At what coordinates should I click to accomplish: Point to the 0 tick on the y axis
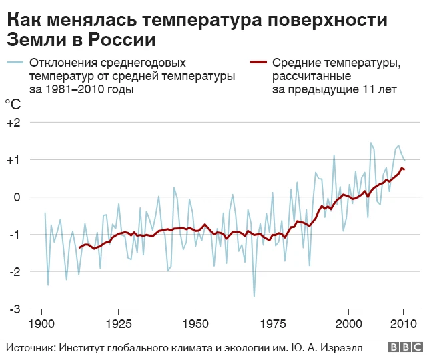[x=17, y=197]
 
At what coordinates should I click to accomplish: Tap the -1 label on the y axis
[x=14, y=235]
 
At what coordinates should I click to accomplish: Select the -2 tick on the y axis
[x=14, y=272]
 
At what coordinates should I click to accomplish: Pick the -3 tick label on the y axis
[x=14, y=309]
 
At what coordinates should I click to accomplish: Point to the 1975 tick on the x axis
[x=272, y=323]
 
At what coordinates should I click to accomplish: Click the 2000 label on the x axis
[x=348, y=323]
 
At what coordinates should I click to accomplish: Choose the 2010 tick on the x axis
[x=403, y=323]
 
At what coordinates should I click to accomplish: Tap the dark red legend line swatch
[x=258, y=63]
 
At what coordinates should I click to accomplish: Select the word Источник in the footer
[x=31, y=347]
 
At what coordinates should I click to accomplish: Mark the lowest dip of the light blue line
[x=254, y=297]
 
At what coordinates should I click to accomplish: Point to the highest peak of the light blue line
[x=371, y=143]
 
